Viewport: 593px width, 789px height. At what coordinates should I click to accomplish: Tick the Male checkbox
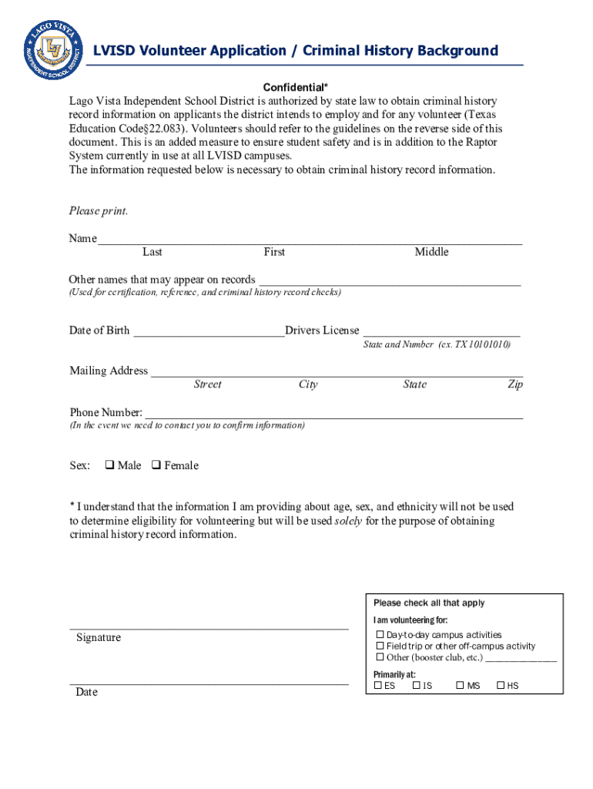[109, 465]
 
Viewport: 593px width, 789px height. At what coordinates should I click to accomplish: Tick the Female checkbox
[156, 465]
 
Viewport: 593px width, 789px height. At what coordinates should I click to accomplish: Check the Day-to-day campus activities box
[380, 635]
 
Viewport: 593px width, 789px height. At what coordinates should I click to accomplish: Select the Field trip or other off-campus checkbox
[380, 646]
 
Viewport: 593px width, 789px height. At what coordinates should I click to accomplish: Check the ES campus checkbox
[378, 685]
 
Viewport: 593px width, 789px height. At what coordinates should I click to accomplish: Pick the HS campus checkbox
[501, 685]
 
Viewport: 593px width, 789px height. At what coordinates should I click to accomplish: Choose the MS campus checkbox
[460, 685]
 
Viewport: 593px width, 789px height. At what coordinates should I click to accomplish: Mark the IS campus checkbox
[417, 685]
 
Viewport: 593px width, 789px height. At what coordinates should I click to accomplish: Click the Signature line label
[98, 638]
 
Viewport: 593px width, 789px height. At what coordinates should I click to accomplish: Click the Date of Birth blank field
[208, 331]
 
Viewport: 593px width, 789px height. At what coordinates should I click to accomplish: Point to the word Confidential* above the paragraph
[296, 87]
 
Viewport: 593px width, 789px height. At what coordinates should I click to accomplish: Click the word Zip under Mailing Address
[514, 384]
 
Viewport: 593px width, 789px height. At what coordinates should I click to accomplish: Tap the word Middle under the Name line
[431, 252]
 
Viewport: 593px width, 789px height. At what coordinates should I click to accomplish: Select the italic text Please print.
[99, 211]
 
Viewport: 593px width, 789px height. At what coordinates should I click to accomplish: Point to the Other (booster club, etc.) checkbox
[380, 657]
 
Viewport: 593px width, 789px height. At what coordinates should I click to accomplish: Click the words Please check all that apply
[429, 603]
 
